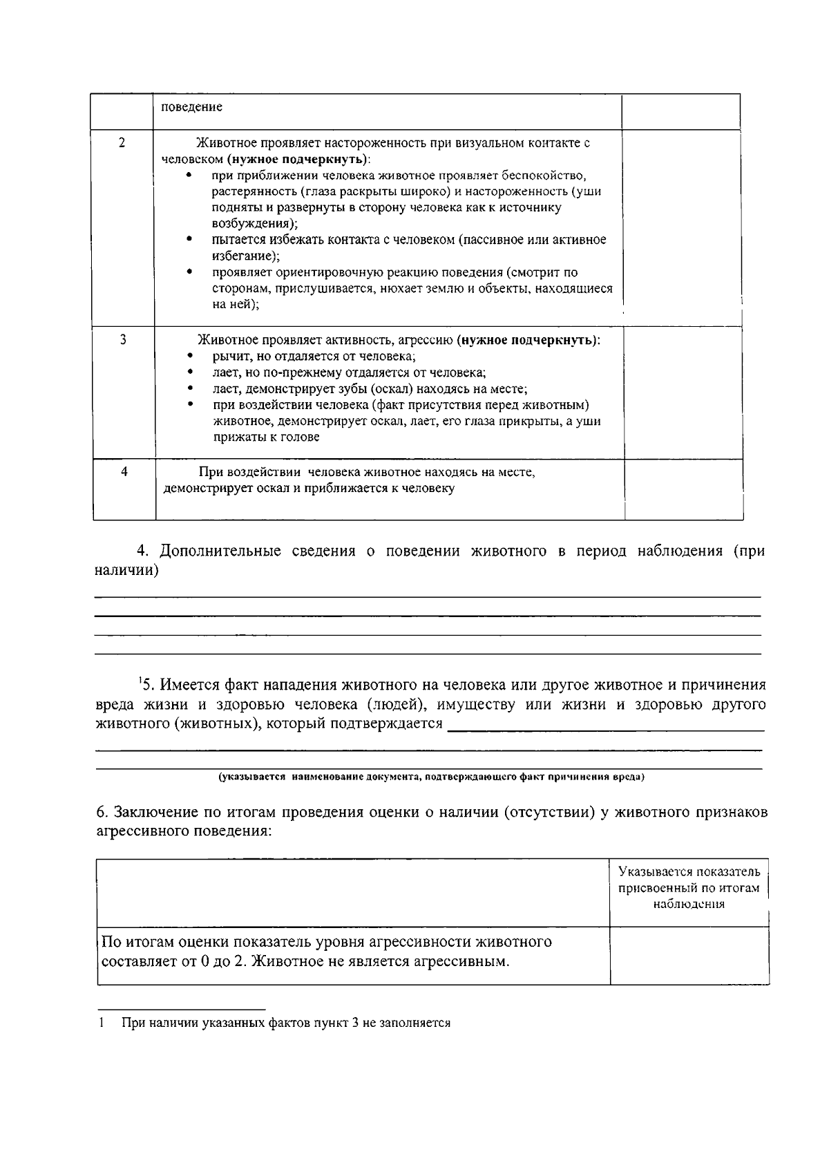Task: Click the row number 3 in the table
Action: click(x=123, y=340)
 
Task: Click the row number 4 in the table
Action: click(x=124, y=472)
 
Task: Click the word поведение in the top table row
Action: click(x=192, y=108)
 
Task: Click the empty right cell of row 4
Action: click(x=683, y=489)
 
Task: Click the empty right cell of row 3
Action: click(x=683, y=391)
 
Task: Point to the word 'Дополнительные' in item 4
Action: click(x=220, y=551)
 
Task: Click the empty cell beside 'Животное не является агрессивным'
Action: click(x=689, y=954)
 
